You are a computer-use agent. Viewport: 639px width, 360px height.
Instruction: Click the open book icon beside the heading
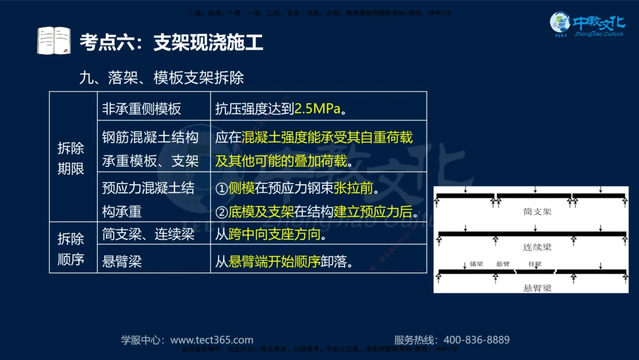point(54,42)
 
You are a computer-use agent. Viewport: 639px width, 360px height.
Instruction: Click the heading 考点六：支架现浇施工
point(171,43)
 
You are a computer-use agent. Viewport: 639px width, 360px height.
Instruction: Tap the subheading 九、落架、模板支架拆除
point(162,78)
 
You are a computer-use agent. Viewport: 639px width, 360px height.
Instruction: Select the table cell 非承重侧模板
point(142,109)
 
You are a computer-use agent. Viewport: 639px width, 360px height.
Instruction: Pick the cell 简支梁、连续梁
point(148,234)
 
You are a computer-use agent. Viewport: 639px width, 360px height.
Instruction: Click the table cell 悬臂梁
point(122,262)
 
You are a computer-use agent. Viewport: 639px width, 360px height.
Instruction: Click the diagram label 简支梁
point(537,211)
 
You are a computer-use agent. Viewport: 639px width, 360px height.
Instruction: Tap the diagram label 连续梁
point(537,246)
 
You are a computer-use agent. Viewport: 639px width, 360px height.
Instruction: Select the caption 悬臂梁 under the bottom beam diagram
point(537,288)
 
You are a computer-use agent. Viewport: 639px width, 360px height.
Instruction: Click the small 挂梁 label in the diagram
point(534,263)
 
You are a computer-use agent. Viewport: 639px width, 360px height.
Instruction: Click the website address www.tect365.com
point(212,340)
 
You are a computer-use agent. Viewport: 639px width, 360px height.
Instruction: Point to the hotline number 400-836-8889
point(477,340)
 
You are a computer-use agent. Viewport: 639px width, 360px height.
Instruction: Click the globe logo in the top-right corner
point(560,24)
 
